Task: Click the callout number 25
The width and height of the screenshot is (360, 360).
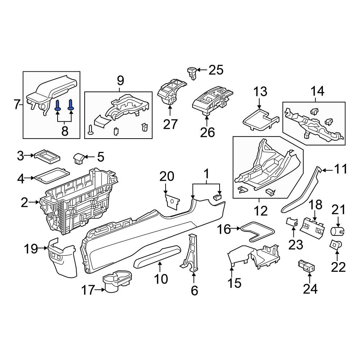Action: (x=216, y=70)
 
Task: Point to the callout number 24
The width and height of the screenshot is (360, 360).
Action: (x=310, y=289)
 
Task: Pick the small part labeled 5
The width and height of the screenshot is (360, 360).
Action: (x=79, y=158)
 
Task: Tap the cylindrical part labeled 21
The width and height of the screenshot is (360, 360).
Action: (x=337, y=231)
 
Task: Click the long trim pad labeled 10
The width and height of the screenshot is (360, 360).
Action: (x=157, y=256)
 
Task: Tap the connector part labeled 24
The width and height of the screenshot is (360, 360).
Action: (x=306, y=266)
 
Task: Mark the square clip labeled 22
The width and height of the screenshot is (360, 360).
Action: (x=336, y=245)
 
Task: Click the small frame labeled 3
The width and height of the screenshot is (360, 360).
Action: (x=47, y=157)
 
